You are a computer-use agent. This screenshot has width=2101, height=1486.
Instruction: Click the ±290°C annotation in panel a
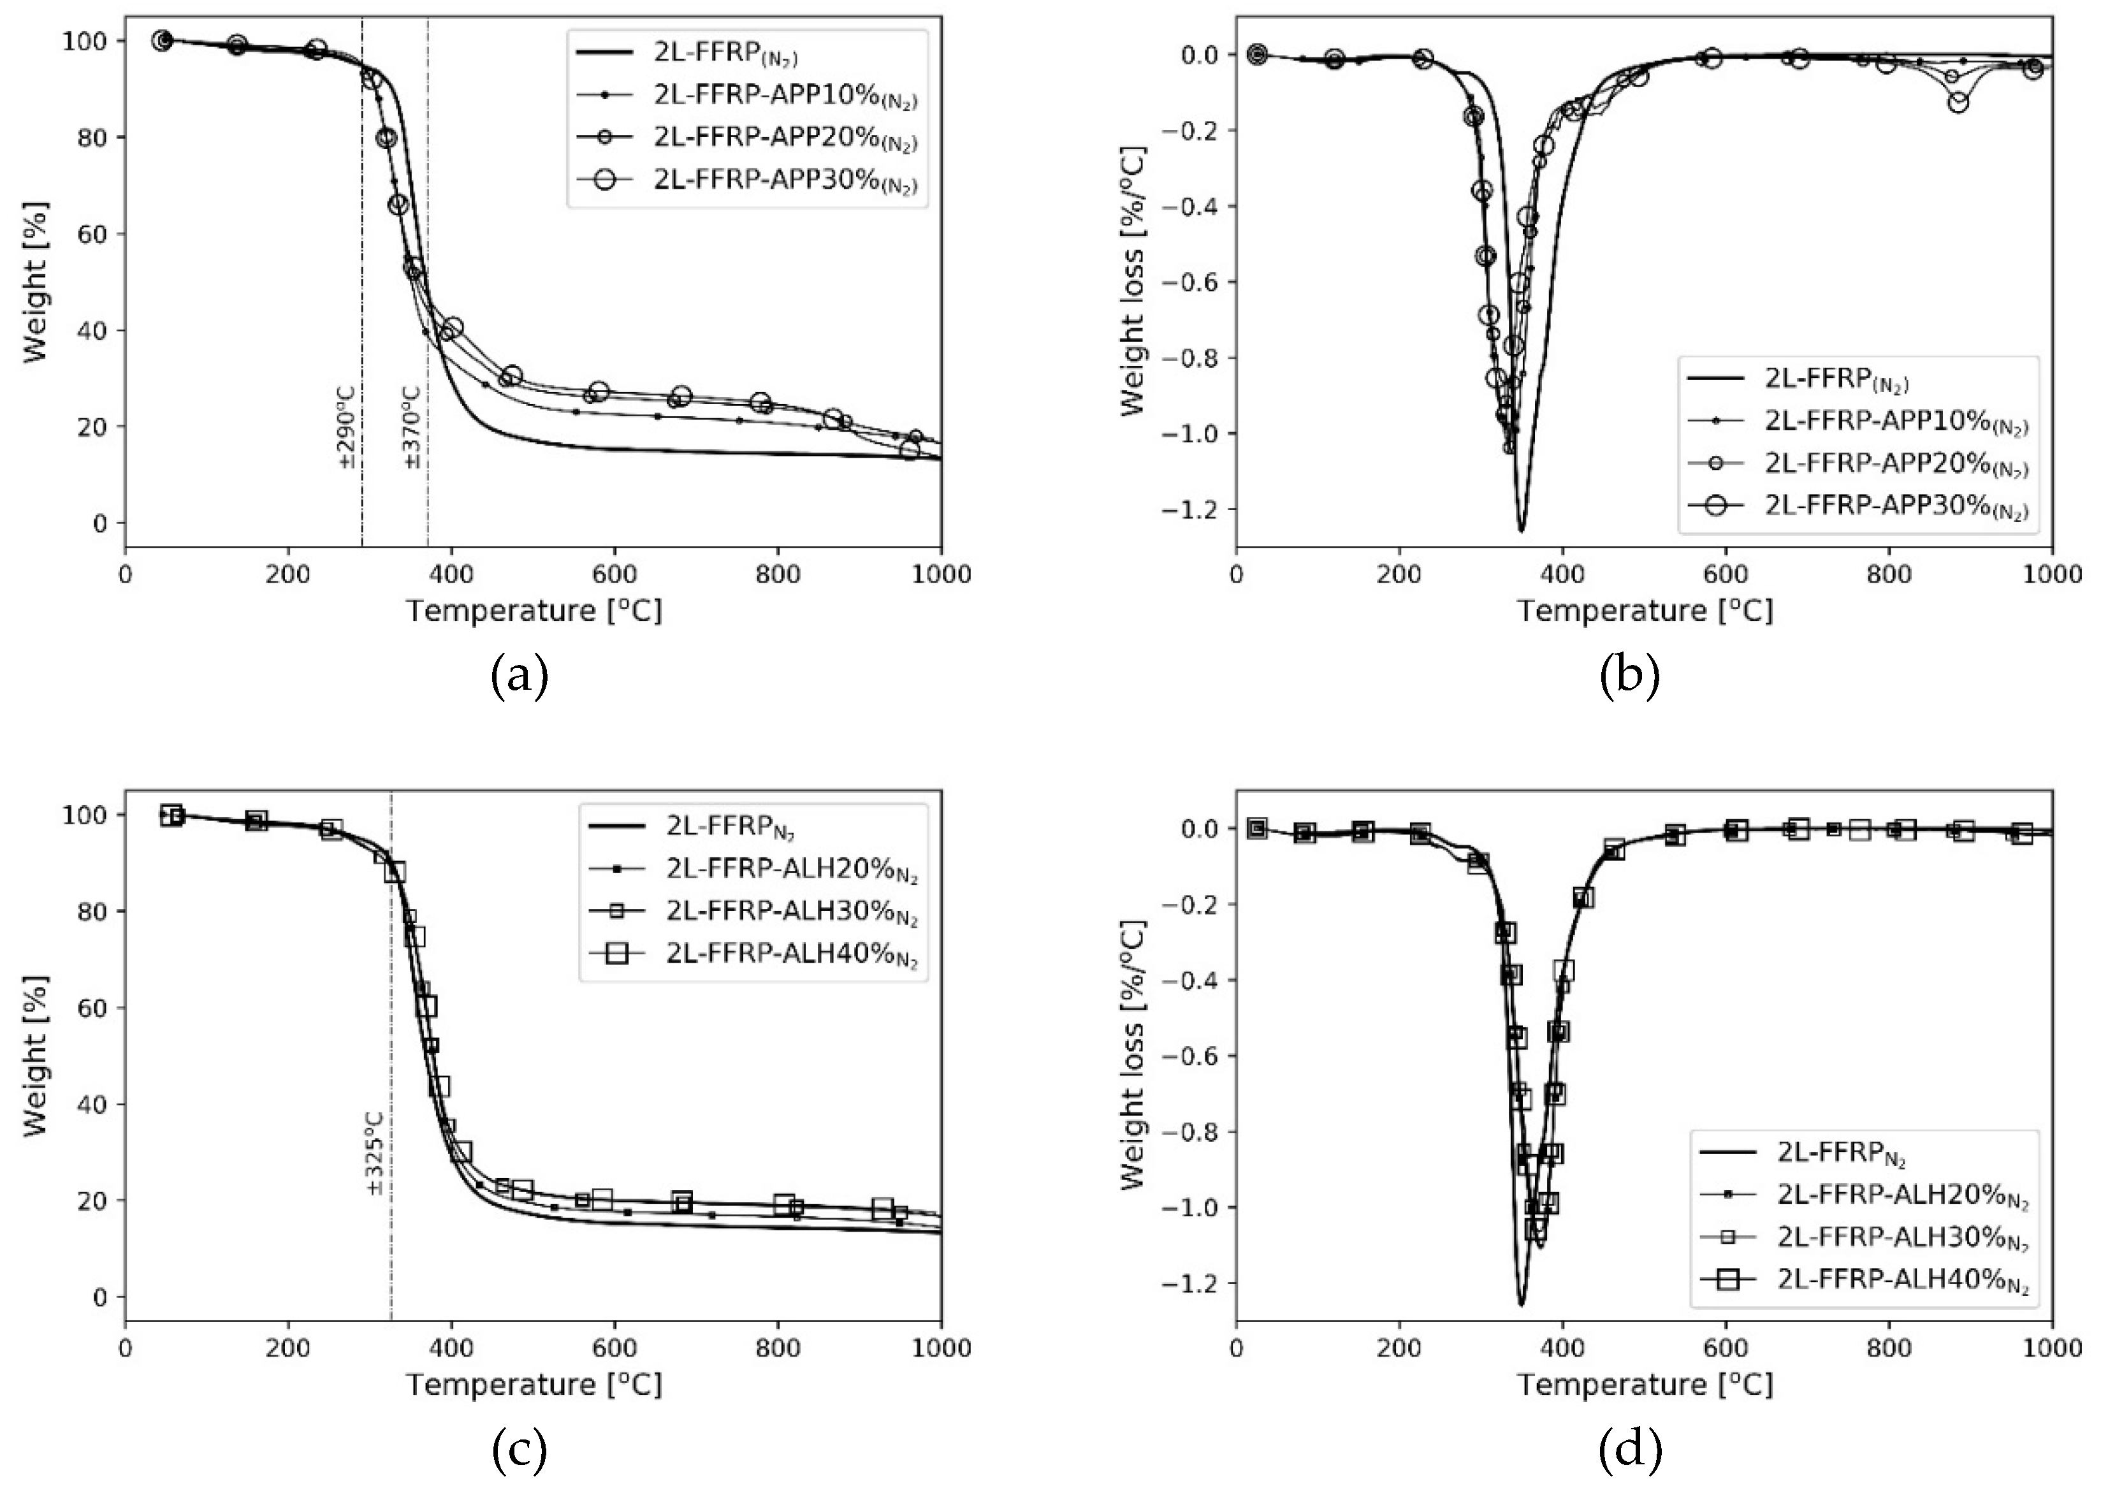click(x=347, y=427)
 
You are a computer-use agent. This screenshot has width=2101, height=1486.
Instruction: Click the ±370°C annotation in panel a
click(x=412, y=427)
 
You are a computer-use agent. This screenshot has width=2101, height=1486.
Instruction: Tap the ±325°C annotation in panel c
click(x=375, y=1154)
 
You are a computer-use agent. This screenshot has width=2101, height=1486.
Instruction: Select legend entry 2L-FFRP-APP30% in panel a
click(x=784, y=180)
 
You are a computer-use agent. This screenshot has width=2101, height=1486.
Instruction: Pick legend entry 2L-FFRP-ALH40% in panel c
click(x=790, y=954)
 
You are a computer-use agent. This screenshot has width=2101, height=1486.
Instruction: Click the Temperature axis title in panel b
click(x=1645, y=610)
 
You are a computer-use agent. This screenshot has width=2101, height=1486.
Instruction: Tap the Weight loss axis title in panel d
click(x=1133, y=1054)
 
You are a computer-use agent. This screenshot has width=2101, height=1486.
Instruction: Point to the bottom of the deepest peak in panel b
click(x=1521, y=530)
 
